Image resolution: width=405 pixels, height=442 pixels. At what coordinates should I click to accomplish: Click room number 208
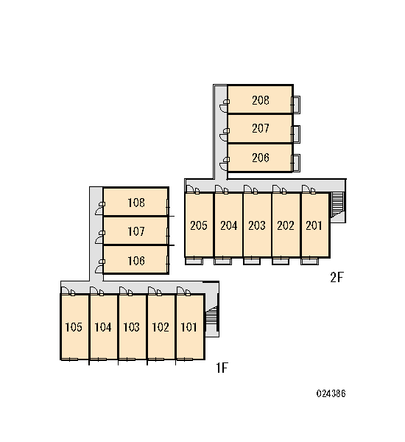[x=261, y=100]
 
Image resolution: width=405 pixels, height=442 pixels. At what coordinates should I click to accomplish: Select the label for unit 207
[x=261, y=128]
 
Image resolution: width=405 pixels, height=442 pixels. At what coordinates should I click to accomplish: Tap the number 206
[x=261, y=158]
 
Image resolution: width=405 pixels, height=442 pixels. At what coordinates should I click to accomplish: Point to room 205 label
[x=199, y=225]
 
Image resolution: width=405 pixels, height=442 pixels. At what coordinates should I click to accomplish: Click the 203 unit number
[x=257, y=225]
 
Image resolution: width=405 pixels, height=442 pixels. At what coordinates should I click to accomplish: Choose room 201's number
[x=314, y=225]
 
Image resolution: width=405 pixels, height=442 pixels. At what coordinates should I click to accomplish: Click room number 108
[x=136, y=203]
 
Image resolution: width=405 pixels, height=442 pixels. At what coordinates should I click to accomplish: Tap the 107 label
[x=136, y=231]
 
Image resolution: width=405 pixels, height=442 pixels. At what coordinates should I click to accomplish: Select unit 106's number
[x=136, y=261]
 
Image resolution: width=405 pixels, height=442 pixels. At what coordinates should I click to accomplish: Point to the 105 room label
[x=74, y=327]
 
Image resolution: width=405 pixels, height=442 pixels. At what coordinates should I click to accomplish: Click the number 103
[x=131, y=327]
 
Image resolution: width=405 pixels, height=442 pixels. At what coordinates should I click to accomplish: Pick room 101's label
[x=189, y=327]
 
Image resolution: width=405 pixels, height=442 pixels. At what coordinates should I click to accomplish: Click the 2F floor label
[x=337, y=278]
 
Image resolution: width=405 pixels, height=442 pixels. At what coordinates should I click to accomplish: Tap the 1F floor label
[x=222, y=368]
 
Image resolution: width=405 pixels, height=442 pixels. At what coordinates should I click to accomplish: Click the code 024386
[x=331, y=393]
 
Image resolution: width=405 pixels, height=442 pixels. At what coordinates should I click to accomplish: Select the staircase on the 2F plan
[x=337, y=204]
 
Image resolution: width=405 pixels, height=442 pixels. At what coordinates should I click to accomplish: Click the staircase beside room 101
[x=211, y=318]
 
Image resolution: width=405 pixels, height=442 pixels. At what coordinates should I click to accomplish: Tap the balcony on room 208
[x=296, y=105]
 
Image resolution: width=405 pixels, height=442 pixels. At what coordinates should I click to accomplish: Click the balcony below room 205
[x=194, y=262]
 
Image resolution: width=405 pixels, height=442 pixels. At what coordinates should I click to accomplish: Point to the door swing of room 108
[x=99, y=211]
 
